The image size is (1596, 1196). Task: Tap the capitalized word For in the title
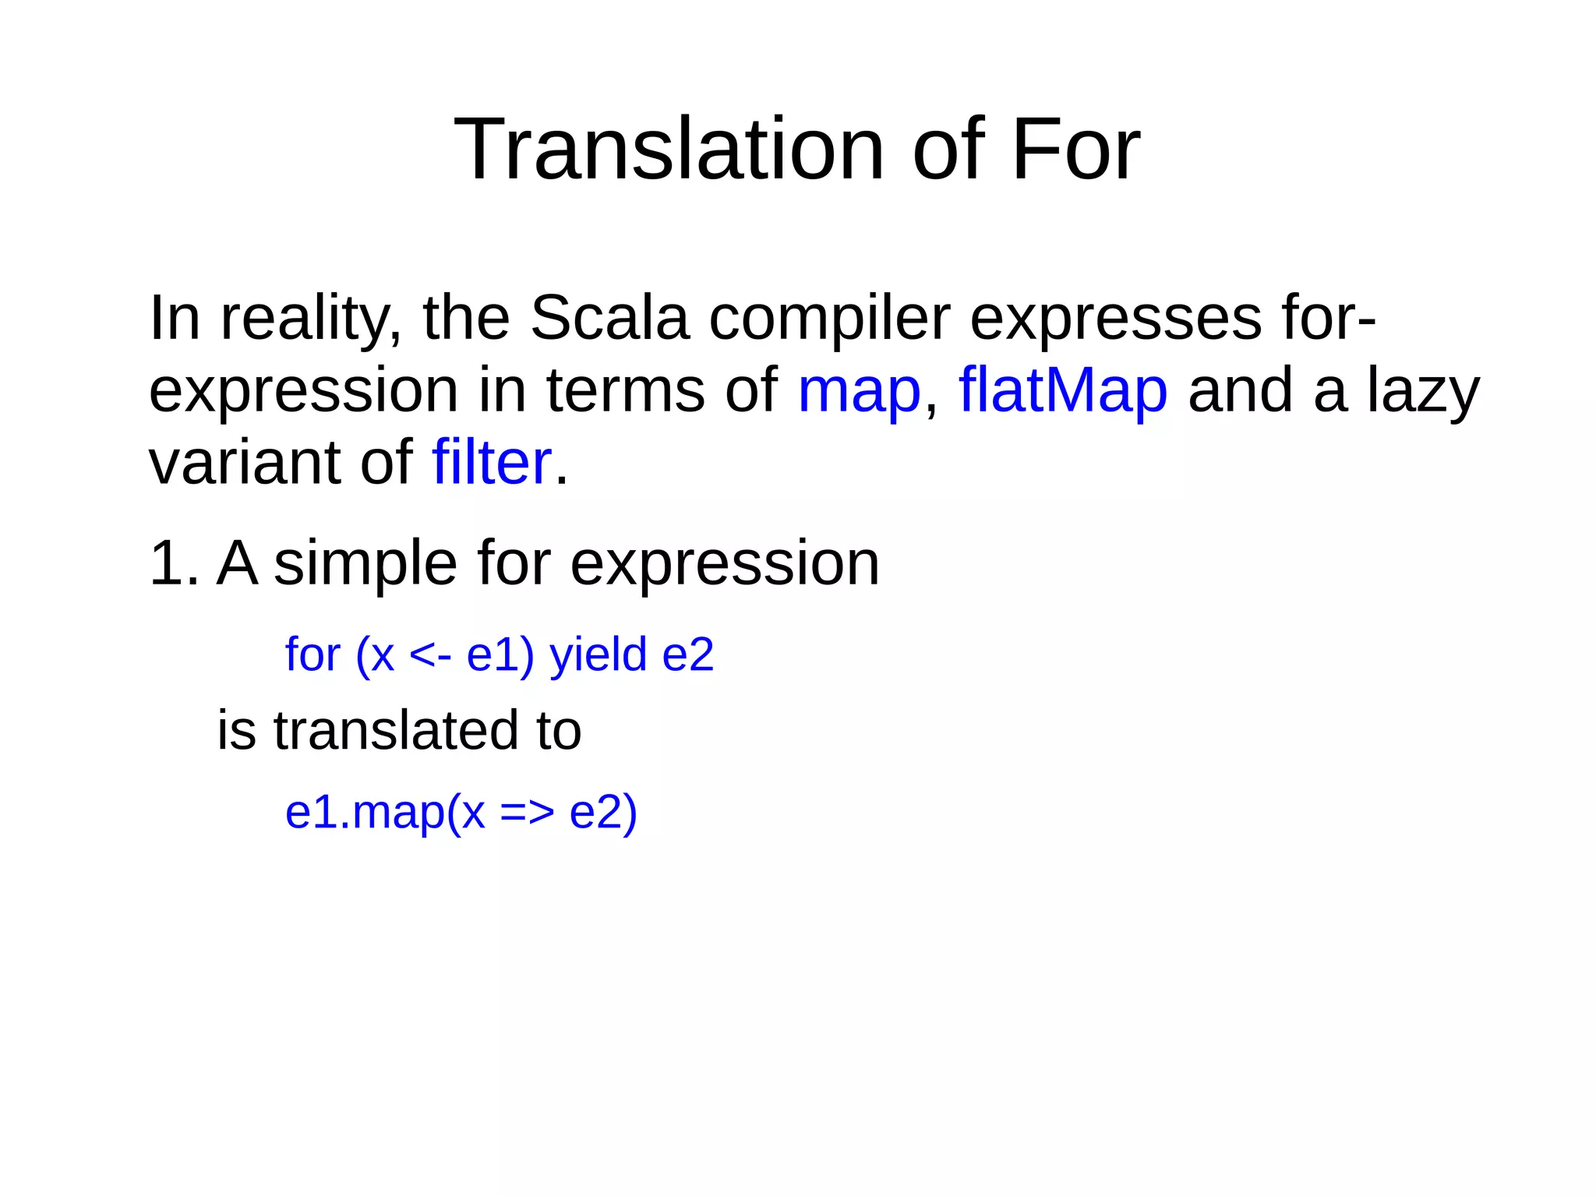(x=1075, y=149)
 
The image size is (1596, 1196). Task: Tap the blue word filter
(x=492, y=462)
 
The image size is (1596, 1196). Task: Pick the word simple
(x=365, y=563)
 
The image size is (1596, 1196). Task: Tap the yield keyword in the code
(x=598, y=654)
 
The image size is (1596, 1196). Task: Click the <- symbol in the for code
(x=429, y=654)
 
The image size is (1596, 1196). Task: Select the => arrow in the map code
(x=527, y=813)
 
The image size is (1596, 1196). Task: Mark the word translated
(x=396, y=731)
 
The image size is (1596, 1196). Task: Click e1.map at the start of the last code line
(x=365, y=813)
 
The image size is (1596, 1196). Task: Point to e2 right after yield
(x=687, y=654)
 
